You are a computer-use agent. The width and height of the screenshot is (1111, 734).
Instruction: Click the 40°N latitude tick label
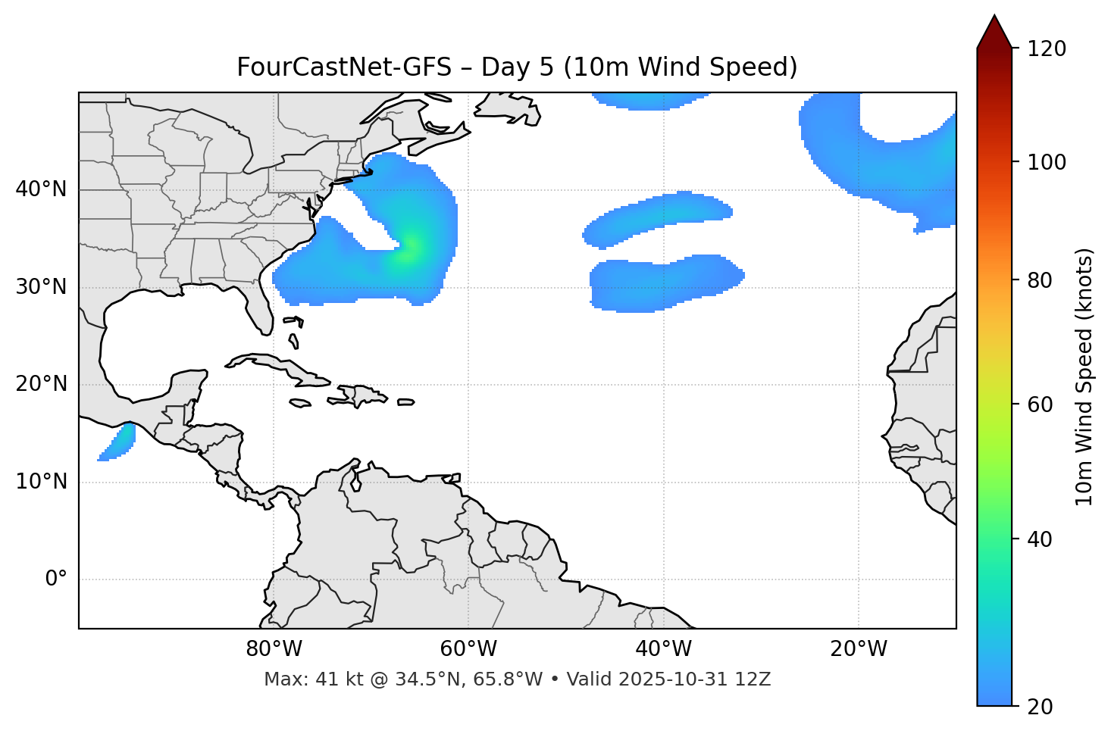(42, 189)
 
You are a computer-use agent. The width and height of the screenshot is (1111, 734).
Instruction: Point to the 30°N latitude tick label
(42, 287)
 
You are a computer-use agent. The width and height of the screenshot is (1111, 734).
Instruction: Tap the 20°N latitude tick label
(42, 384)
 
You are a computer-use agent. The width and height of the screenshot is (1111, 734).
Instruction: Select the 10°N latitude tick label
(42, 482)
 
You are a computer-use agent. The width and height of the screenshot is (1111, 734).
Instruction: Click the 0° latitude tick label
(56, 579)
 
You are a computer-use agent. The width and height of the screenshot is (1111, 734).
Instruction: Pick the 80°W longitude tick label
(274, 649)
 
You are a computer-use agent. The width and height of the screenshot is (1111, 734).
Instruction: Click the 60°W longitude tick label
(468, 649)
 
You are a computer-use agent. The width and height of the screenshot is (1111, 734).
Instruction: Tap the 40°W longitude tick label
(663, 649)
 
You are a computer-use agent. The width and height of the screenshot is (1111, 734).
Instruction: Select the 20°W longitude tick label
(859, 649)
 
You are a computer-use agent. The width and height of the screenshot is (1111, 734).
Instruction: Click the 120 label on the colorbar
(1047, 49)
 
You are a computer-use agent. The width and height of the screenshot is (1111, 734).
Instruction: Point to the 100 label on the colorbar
(1047, 162)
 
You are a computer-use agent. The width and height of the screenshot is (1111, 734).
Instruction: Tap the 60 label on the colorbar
(1040, 404)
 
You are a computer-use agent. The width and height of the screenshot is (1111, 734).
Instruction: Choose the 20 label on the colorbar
(1040, 706)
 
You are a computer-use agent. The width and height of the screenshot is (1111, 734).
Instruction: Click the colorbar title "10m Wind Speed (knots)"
(1084, 376)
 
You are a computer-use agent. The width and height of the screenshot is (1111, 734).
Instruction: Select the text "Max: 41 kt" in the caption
(302, 679)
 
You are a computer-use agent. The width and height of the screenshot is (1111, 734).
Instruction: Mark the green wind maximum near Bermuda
(409, 250)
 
